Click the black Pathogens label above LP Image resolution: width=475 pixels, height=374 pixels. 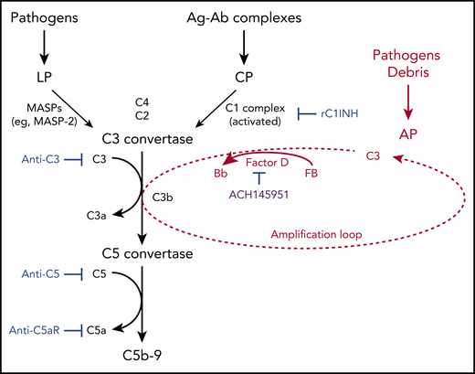pos(46,16)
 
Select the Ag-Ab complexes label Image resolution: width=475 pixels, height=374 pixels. pos(244,16)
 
